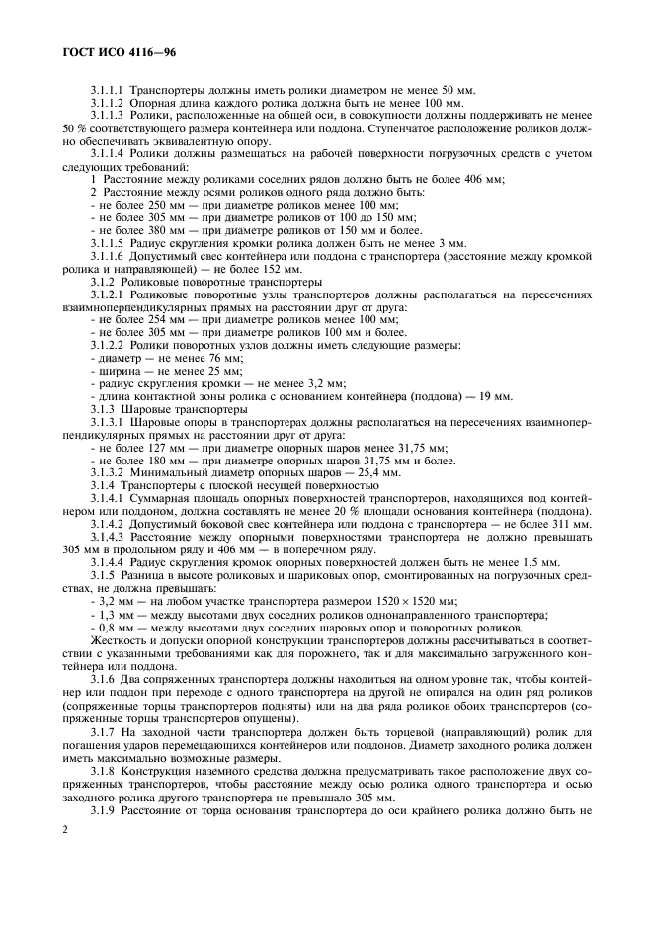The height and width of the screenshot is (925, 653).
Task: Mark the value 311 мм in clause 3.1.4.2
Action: [x=575, y=525]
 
